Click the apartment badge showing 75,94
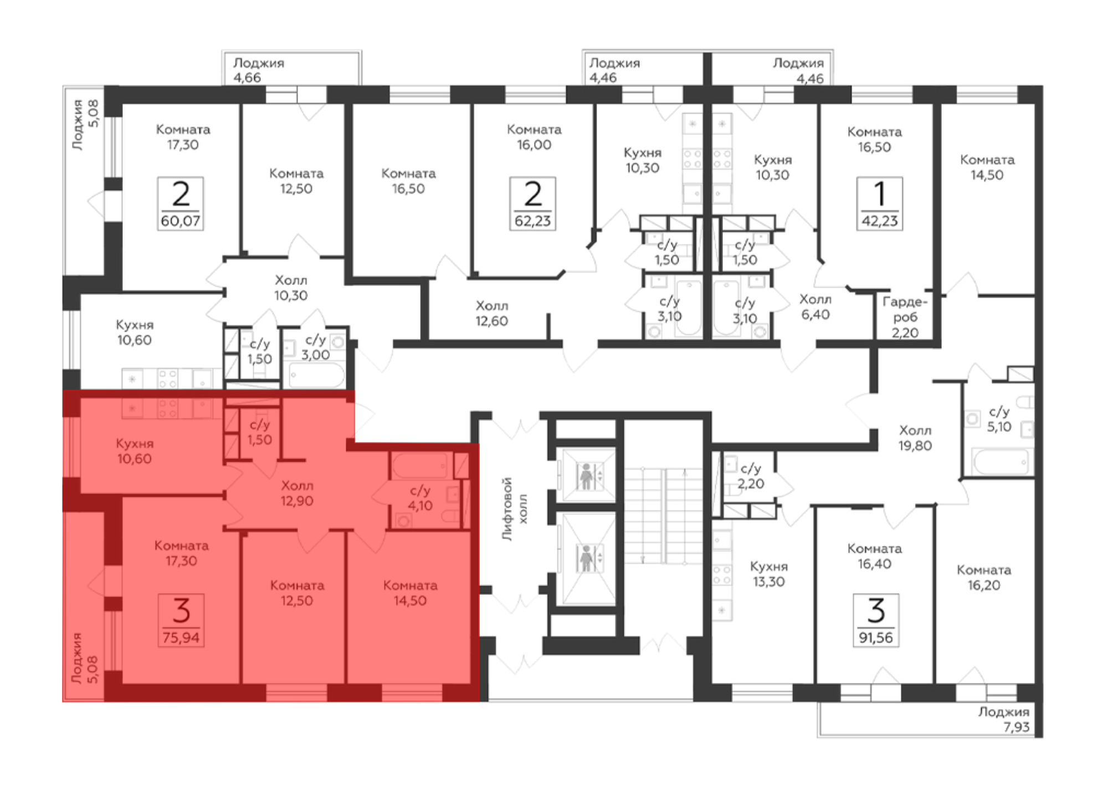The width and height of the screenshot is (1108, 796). pos(181,620)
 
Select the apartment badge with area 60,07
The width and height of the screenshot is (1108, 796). pos(181,203)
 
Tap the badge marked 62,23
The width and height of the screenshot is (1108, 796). pos(532,203)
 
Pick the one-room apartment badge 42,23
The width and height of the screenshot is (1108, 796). pos(880,203)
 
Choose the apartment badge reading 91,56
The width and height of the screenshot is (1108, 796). pos(876,620)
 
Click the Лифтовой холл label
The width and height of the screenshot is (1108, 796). pos(515,509)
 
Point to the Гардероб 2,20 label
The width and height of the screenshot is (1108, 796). pos(905,317)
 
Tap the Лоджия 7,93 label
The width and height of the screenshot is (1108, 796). pos(1003,720)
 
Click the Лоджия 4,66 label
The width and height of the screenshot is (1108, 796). pos(259,70)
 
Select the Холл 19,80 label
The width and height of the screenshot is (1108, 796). pos(915,438)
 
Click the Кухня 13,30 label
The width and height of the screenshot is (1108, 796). pos(769,574)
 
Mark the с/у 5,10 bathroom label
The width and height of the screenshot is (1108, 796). pos(999,419)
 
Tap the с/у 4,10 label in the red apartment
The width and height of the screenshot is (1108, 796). pos(420,498)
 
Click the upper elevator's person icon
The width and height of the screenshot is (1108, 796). pos(586,476)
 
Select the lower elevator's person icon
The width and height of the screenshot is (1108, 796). pos(586,558)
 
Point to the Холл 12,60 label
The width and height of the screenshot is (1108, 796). pos(492,313)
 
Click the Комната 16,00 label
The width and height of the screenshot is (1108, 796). pos(534,137)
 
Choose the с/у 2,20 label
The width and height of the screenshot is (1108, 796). pos(751,476)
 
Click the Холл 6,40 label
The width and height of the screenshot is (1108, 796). pos(815,307)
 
